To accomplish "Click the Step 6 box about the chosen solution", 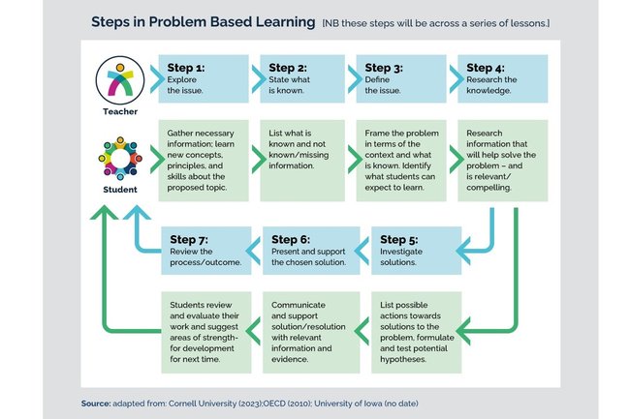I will [x=311, y=249].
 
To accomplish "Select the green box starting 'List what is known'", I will [x=299, y=159].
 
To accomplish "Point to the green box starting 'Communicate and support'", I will [x=311, y=330].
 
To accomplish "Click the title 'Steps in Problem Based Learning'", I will [x=203, y=21].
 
